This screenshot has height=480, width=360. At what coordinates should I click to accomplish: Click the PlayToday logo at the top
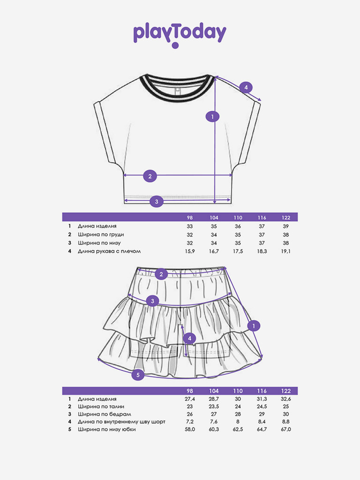(180, 33)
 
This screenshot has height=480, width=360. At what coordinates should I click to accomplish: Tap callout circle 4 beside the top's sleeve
(246, 87)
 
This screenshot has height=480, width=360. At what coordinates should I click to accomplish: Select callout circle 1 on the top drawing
(212, 116)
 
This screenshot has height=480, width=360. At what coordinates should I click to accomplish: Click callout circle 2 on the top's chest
(150, 176)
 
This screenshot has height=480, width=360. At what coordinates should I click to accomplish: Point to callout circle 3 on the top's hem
(157, 202)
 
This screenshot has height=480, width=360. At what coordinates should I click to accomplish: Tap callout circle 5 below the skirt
(137, 375)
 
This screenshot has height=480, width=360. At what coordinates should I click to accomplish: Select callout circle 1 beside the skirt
(253, 325)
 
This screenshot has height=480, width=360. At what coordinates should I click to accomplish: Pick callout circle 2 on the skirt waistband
(161, 274)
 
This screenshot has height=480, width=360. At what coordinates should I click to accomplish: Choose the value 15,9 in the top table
(190, 251)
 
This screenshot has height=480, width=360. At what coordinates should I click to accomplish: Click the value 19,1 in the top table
(286, 251)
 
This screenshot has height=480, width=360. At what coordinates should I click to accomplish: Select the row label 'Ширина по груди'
(101, 234)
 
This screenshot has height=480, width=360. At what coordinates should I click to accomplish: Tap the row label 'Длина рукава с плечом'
(109, 251)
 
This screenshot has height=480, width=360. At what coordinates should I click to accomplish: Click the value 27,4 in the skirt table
(190, 398)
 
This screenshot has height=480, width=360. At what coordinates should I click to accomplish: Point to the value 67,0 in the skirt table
(286, 429)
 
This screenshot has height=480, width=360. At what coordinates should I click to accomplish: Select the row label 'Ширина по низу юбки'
(107, 429)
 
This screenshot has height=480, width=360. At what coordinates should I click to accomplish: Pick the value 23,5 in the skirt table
(214, 406)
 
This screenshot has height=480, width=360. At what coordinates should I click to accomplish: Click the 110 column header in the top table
(238, 217)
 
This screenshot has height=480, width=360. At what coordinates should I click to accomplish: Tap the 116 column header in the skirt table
(262, 391)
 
